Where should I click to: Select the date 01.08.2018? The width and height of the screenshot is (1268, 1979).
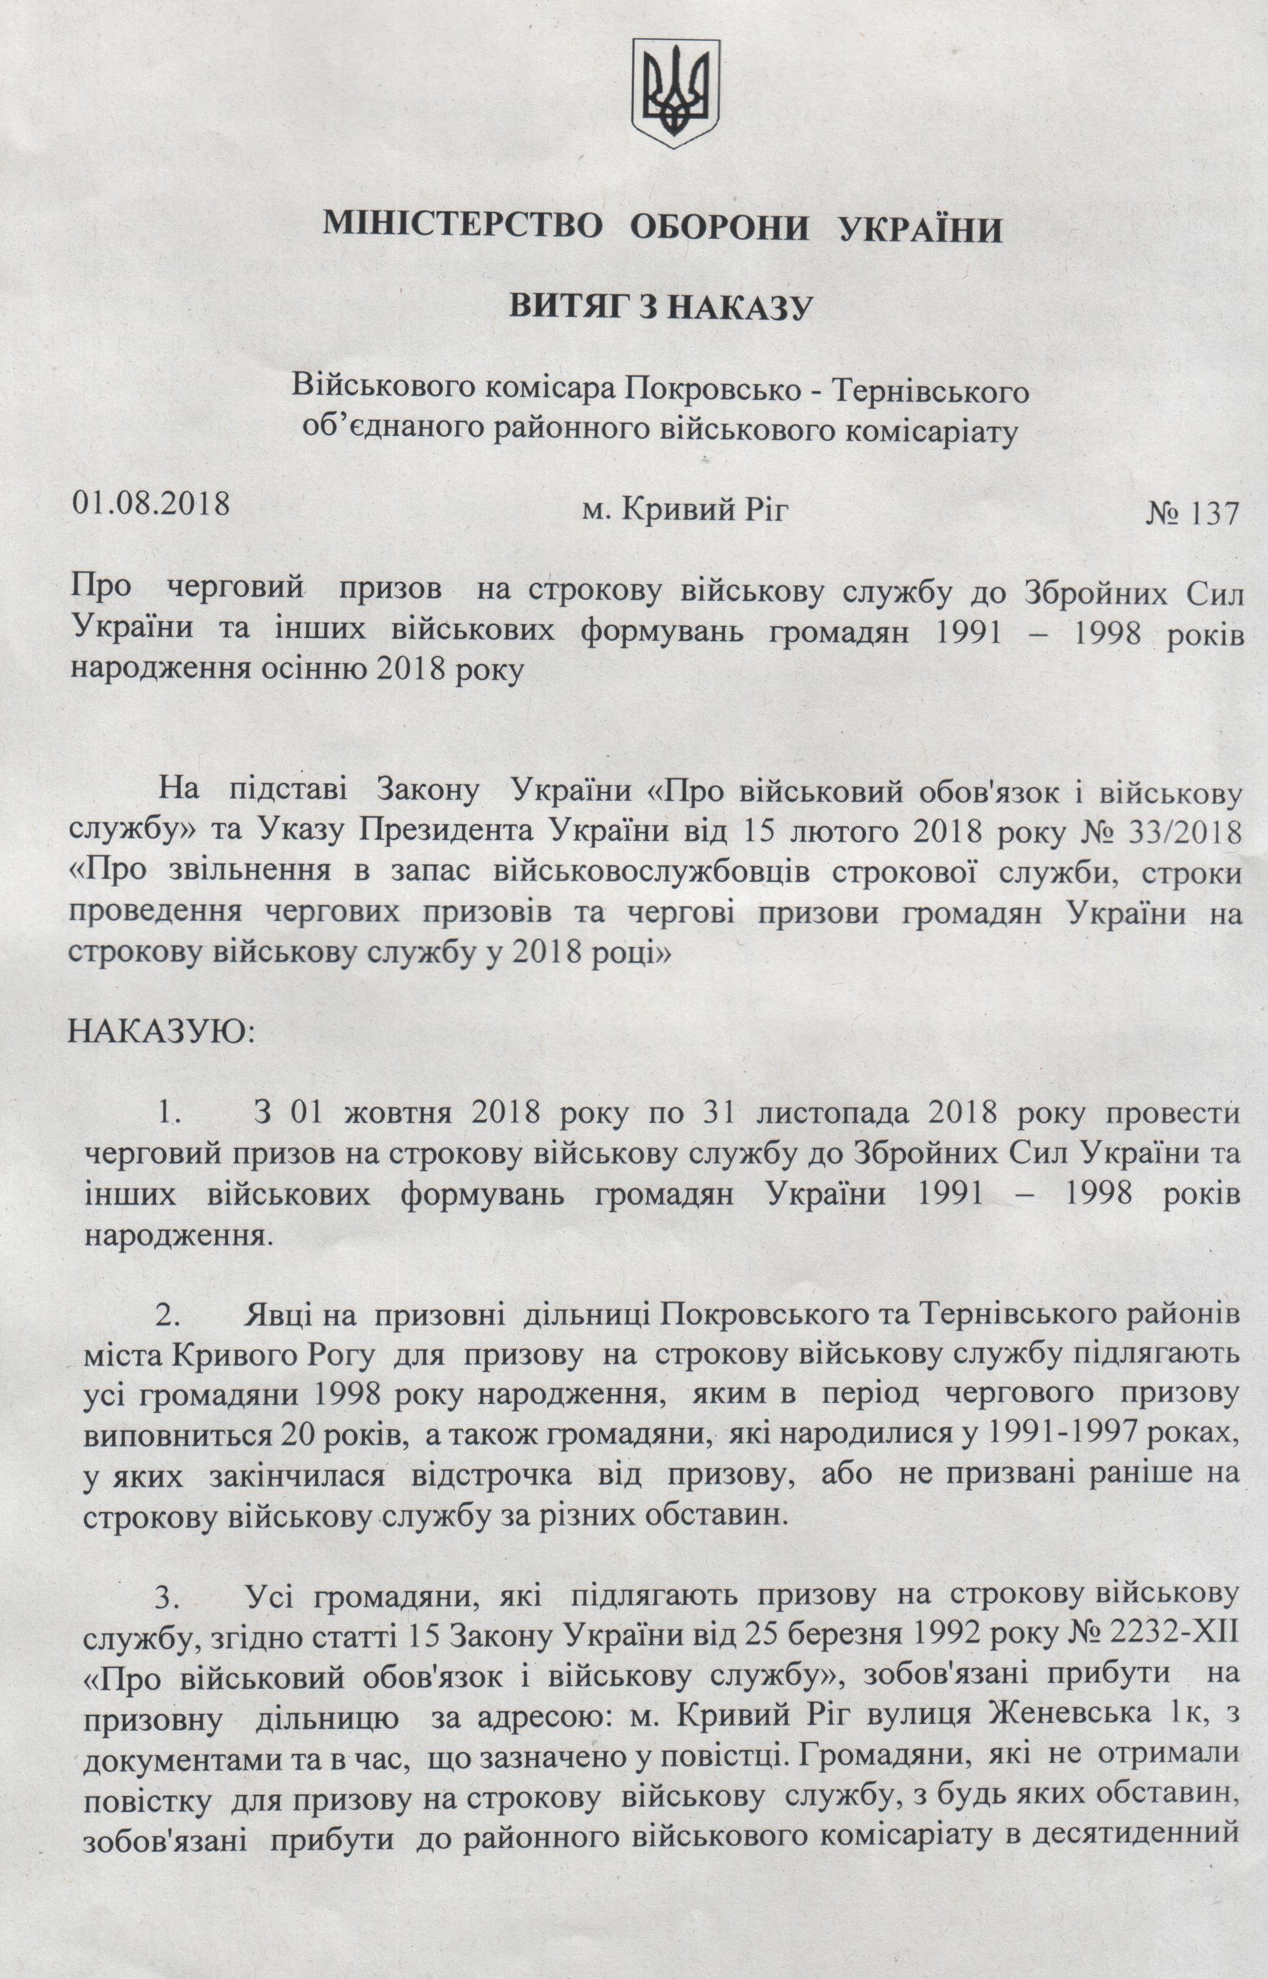click(151, 503)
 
